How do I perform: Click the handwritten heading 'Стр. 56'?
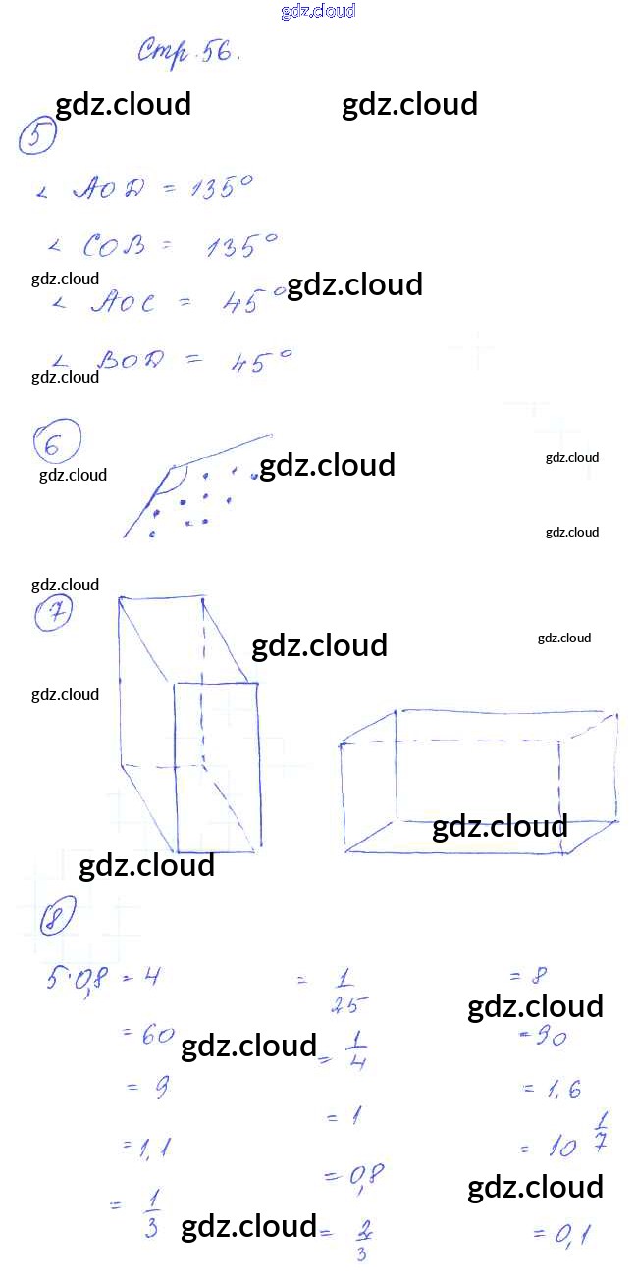(x=187, y=51)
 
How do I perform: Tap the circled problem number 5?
(x=36, y=138)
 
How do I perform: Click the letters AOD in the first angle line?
(x=107, y=189)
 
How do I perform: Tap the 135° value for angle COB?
(x=240, y=245)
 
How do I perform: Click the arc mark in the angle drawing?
(x=177, y=480)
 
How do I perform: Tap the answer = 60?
(x=148, y=1034)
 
